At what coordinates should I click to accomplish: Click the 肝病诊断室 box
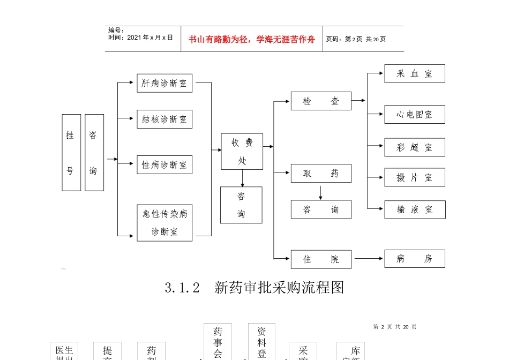point(164,83)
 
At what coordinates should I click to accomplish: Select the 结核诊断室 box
point(164,119)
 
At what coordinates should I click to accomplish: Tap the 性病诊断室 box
point(164,164)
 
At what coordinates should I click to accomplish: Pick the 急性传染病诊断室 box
point(164,222)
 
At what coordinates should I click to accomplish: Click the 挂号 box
point(71,153)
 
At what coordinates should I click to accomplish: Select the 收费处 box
point(242,152)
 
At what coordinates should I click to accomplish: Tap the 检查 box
point(321,101)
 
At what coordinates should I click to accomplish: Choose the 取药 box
point(321,174)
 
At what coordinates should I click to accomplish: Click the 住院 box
point(321,259)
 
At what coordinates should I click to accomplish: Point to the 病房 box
point(414,259)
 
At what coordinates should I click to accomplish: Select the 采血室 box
point(414,74)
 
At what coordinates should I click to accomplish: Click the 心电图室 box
point(414,115)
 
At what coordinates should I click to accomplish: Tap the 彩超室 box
point(414,147)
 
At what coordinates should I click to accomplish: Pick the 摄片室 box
point(414,178)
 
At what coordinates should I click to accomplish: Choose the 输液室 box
point(414,209)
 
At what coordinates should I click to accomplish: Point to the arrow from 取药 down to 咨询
point(320,191)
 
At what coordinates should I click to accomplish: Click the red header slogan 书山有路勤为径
point(252,39)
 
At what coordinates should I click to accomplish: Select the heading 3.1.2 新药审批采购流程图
point(254,288)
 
